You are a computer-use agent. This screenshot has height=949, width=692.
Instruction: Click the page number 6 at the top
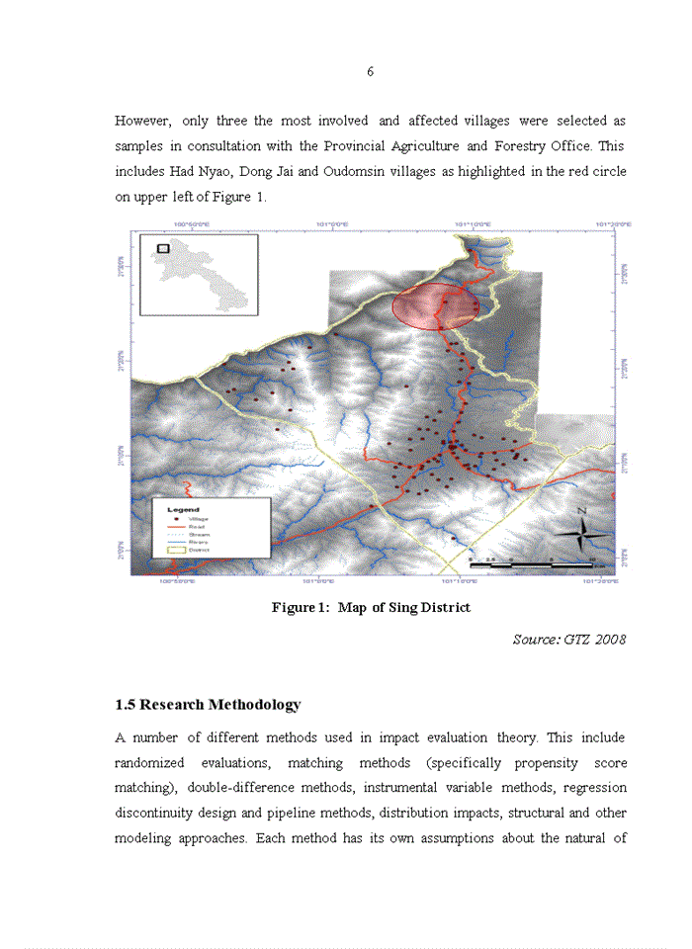[x=370, y=72]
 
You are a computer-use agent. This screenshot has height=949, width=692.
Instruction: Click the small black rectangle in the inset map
[x=163, y=248]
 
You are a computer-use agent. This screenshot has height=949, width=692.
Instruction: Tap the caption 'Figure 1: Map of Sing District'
[x=371, y=607]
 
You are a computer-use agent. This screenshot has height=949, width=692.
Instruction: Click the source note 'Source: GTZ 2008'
[x=568, y=640]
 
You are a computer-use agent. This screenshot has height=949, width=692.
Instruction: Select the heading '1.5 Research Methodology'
[x=208, y=705]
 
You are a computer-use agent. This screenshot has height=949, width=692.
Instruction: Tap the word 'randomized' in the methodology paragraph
[x=151, y=763]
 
